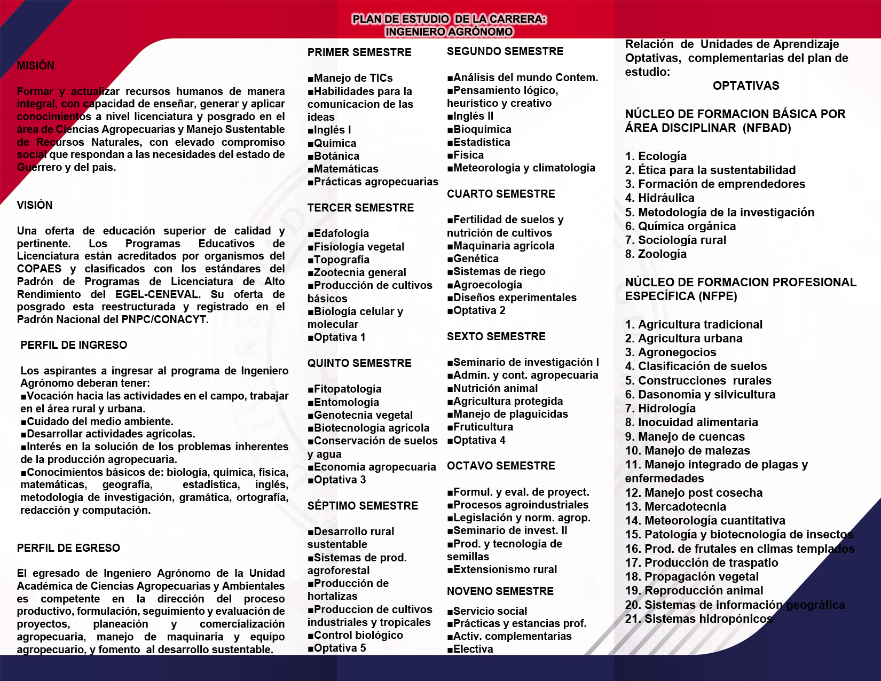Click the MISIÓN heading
(x=36, y=66)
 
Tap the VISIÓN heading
(x=35, y=205)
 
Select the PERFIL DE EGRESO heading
(x=68, y=548)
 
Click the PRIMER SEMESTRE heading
(x=359, y=52)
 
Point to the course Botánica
(x=336, y=156)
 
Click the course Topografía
(x=342, y=260)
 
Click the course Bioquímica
(x=482, y=129)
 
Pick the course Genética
(x=476, y=259)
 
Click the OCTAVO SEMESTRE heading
(x=501, y=466)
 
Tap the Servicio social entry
(x=490, y=611)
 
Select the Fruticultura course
(x=483, y=427)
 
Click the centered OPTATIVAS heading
(x=746, y=85)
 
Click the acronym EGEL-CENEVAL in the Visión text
(x=158, y=294)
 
